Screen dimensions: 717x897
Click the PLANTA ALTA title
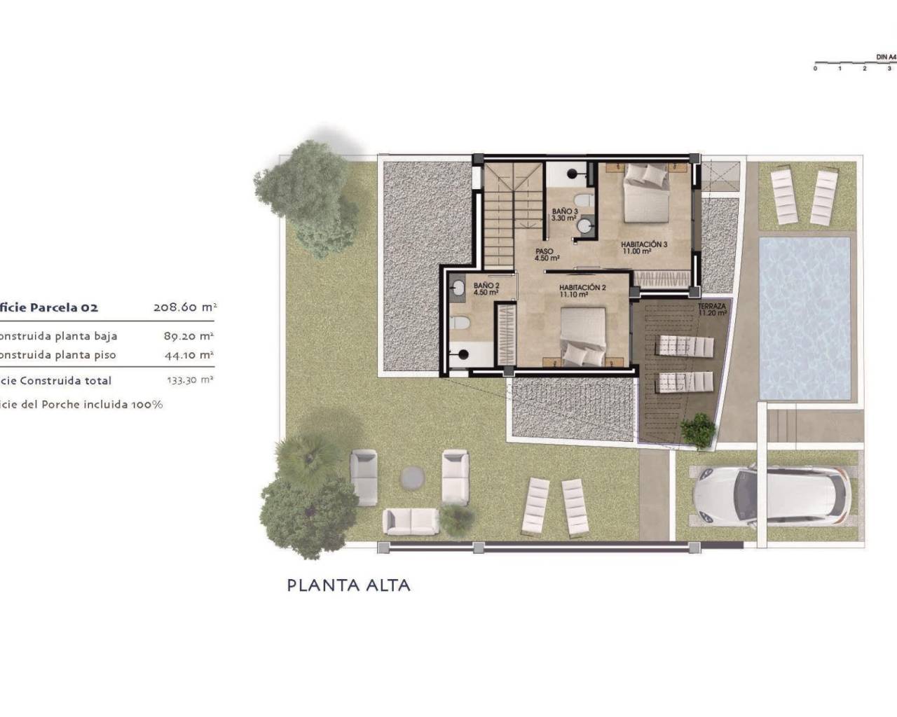tap(348, 585)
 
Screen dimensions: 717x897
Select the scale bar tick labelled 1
tap(840, 68)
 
